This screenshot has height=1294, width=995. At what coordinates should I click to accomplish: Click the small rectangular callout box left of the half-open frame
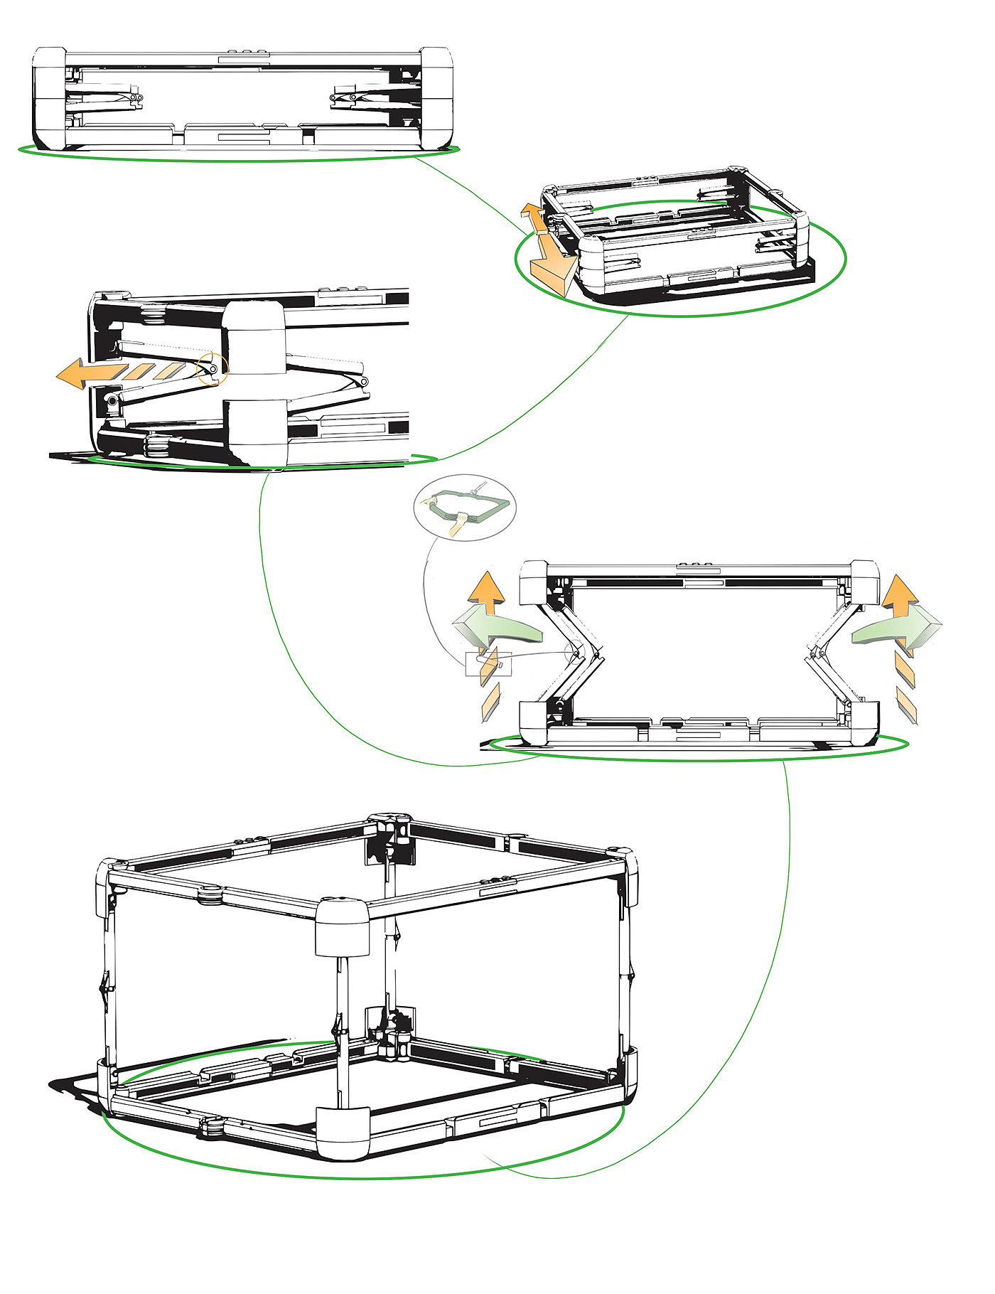tap(488, 664)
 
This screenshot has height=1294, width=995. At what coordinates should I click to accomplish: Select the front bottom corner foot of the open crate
tap(343, 1132)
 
